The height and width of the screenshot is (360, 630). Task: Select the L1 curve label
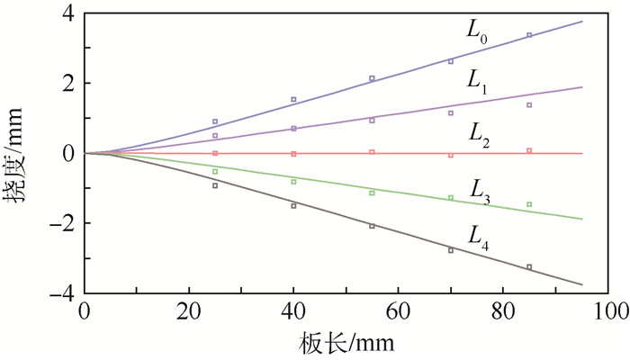tap(477, 81)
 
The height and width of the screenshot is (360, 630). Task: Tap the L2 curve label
tap(480, 132)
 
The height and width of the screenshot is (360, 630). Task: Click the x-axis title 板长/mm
tap(346, 343)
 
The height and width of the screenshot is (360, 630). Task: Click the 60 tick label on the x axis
tap(400, 311)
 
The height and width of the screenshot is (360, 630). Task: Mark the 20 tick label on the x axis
tap(189, 311)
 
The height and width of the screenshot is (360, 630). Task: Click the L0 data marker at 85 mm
tap(529, 35)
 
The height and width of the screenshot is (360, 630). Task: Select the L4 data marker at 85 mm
tap(529, 266)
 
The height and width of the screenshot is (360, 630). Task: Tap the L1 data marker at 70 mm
tap(451, 112)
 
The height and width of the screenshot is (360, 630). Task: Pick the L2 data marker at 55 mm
tap(372, 152)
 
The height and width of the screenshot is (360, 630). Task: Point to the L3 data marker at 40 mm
tap(293, 182)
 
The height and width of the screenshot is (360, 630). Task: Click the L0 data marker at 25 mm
tap(215, 121)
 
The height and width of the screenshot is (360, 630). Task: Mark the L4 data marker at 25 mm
tap(215, 185)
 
